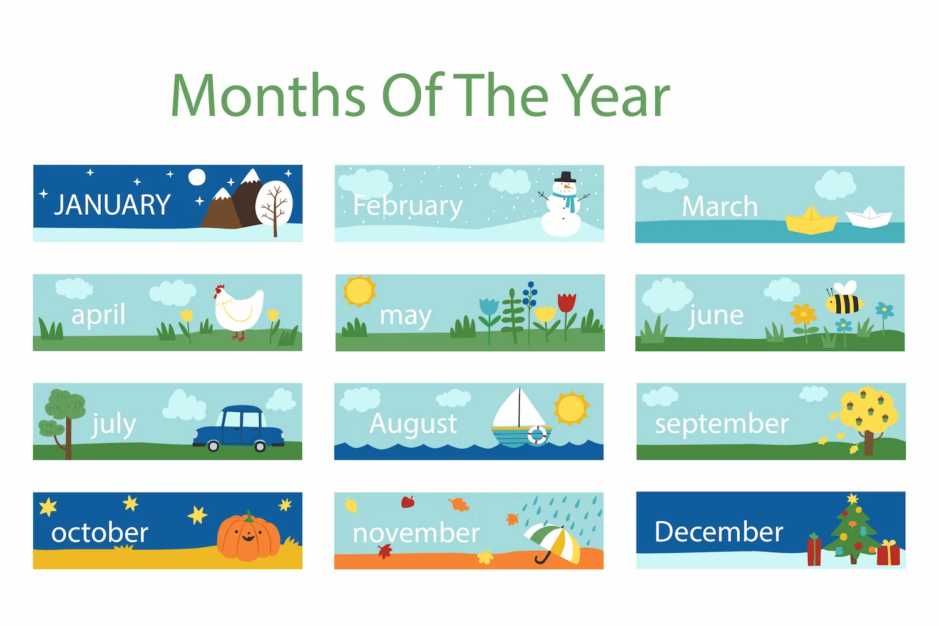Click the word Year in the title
615,95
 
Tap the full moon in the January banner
197,177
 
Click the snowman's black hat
565,177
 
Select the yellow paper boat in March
811,220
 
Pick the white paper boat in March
869,217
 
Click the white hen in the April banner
238,309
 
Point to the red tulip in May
567,303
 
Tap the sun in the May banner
359,291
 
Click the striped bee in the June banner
844,299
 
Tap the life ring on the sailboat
537,435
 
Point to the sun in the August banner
571,408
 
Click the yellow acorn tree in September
868,419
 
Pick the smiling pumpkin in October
248,537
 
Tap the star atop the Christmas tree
852,498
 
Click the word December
719,531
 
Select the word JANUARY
112,205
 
